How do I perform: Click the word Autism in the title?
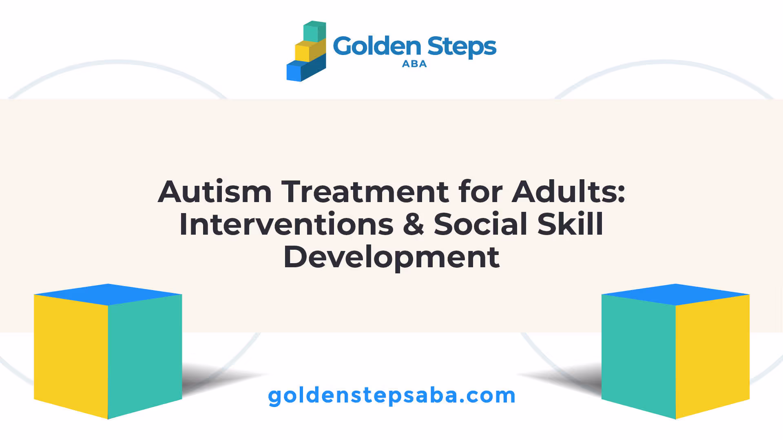coord(215,191)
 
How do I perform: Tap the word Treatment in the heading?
coord(365,191)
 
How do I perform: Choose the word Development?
coord(391,257)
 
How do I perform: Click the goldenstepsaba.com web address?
coord(391,396)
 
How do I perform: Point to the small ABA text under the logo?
coord(414,64)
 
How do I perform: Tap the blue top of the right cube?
coord(675,294)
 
